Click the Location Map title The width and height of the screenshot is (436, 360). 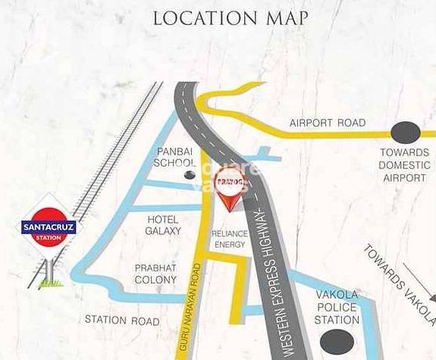[x=231, y=17]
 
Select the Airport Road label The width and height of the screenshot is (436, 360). [x=328, y=123]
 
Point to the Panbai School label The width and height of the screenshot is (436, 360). [x=175, y=157]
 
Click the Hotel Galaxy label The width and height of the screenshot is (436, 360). [x=163, y=224]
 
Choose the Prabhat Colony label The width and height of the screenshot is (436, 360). [x=155, y=274]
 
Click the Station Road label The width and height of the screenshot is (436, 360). [x=122, y=321]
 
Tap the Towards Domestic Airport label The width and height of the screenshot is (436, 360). [x=404, y=165]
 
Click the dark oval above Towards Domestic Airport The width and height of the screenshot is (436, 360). [x=404, y=132]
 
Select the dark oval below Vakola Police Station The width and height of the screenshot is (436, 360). [x=336, y=343]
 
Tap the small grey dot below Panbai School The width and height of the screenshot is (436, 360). [x=190, y=175]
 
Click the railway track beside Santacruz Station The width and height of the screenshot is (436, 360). [x=114, y=151]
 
